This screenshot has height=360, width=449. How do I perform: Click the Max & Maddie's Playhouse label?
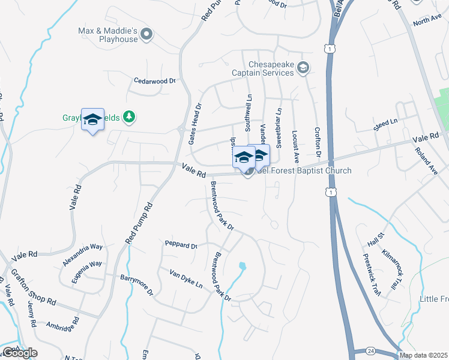tap(108, 34)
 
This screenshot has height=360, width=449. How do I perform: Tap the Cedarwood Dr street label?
tap(154, 80)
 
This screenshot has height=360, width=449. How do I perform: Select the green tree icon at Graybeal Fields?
tap(128, 116)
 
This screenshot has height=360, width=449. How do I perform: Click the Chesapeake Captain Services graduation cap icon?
tap(303, 67)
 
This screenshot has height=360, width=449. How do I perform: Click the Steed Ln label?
tap(385, 123)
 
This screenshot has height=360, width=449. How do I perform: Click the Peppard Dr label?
tap(181, 245)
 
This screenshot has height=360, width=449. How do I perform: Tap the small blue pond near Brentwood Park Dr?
tap(243, 265)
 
